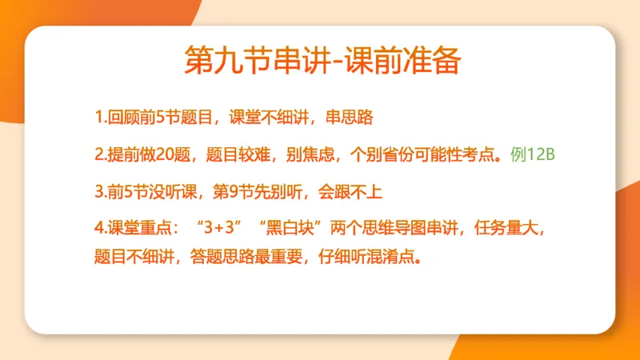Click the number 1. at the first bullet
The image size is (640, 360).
(x=100, y=118)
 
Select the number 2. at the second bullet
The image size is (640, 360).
(x=100, y=154)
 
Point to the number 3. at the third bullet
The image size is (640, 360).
(x=100, y=191)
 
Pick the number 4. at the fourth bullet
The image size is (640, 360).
(x=100, y=228)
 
